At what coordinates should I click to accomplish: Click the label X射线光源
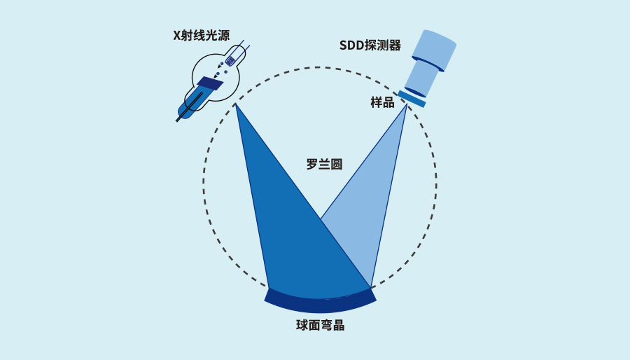click(202, 36)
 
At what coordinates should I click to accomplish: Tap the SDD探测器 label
click(370, 46)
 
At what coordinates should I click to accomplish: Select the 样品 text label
click(382, 103)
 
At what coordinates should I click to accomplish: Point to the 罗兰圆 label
click(324, 165)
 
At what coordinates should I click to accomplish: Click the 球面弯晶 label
click(320, 325)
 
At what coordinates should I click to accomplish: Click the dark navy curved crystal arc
click(320, 302)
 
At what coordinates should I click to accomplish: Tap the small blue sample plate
click(412, 99)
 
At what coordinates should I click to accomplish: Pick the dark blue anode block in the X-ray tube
click(210, 83)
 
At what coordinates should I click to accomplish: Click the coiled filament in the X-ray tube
click(230, 61)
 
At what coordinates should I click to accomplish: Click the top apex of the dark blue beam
click(235, 104)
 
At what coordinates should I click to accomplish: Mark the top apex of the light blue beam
click(407, 104)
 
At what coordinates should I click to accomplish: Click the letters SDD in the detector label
click(351, 46)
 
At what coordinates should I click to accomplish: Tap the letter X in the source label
click(177, 36)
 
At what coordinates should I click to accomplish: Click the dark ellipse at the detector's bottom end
click(414, 92)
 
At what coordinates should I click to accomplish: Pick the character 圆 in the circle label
click(336, 165)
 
